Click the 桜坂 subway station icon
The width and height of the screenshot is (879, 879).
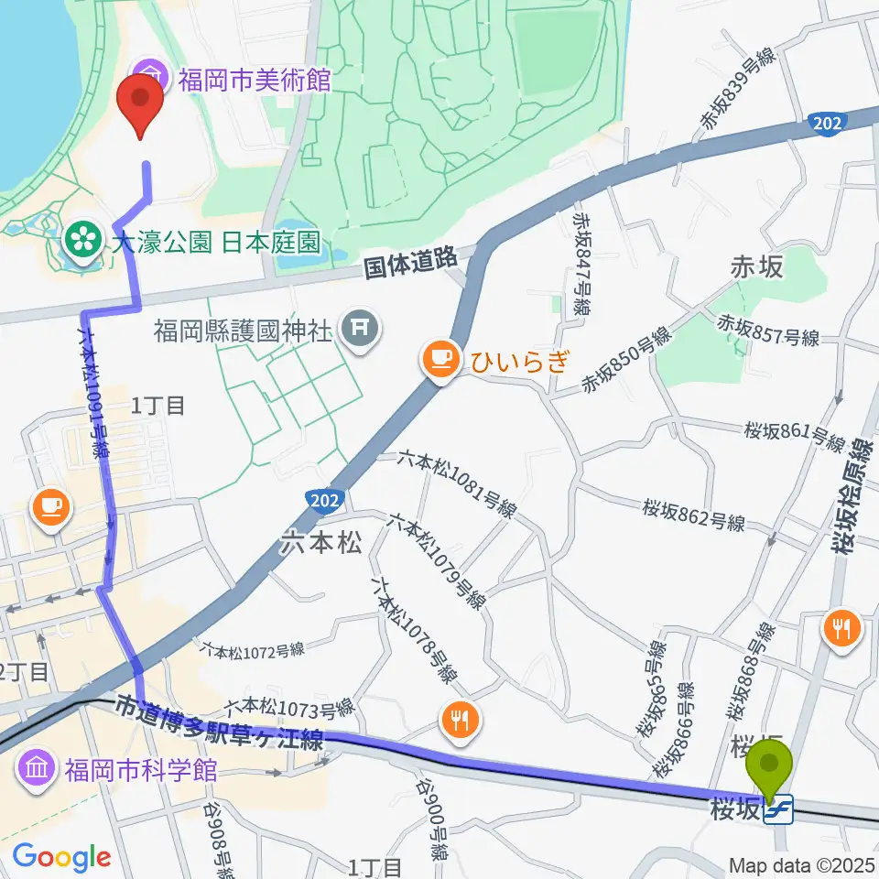click(x=779, y=809)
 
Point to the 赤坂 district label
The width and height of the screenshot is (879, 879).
click(x=756, y=266)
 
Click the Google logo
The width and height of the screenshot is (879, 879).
click(x=61, y=857)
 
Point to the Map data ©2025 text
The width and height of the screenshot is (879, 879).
click(x=802, y=864)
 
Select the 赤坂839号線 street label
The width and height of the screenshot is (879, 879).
click(x=736, y=93)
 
